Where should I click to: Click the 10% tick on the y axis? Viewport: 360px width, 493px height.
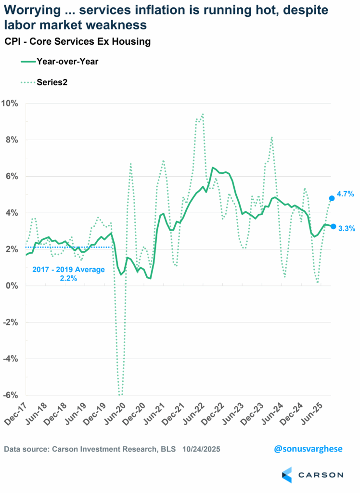point(10,104)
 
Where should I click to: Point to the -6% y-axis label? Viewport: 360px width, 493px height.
point(10,395)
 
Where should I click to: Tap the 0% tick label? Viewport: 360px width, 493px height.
point(12,286)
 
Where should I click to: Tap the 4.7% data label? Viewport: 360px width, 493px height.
point(346,194)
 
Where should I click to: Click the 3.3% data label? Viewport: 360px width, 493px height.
point(346,229)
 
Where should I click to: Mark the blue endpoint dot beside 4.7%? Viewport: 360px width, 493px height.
point(332,198)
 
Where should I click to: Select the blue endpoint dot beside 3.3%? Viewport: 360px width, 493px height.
point(333,226)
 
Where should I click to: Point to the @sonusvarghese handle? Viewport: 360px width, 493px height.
point(309,449)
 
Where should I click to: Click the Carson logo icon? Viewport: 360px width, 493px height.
point(287,475)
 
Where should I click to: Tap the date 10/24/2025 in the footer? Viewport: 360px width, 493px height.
point(201,449)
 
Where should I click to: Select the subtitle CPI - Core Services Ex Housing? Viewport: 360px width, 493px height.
point(77,41)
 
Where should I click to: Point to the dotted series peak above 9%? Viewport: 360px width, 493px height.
point(203,114)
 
